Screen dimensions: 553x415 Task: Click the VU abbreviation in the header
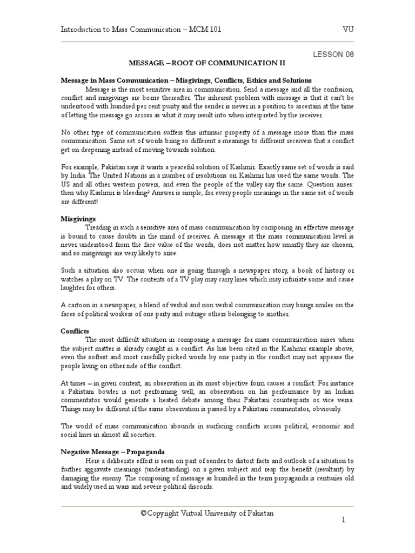[348, 30]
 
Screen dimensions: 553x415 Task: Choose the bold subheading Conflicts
[75, 331]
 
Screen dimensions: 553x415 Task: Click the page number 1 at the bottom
[343, 520]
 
